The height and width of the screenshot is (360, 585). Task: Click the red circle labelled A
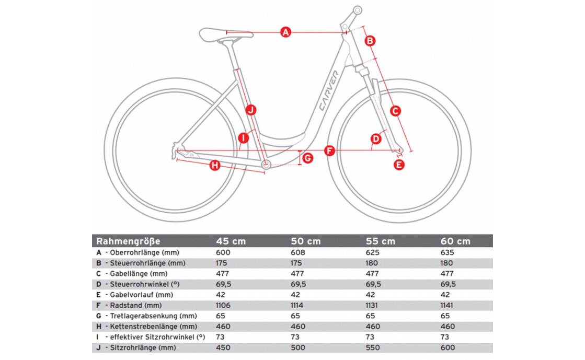click(x=285, y=32)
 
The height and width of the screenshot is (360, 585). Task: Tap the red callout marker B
click(x=370, y=41)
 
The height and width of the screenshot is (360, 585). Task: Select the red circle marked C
click(x=395, y=111)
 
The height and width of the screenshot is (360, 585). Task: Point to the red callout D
click(x=376, y=139)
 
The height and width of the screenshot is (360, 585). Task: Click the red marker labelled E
click(x=399, y=165)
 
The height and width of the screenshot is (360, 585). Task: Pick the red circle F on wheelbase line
click(x=329, y=151)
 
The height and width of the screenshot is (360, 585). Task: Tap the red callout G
click(x=308, y=157)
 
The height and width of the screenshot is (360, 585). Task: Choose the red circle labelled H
click(x=214, y=166)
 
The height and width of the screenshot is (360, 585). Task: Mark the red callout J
click(x=251, y=110)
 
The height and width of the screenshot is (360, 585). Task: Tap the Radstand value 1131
click(x=373, y=305)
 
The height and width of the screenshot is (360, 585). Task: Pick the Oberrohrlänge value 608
click(x=297, y=252)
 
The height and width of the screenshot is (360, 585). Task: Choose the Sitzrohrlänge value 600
click(x=448, y=347)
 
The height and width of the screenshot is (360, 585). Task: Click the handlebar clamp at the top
click(x=357, y=10)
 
